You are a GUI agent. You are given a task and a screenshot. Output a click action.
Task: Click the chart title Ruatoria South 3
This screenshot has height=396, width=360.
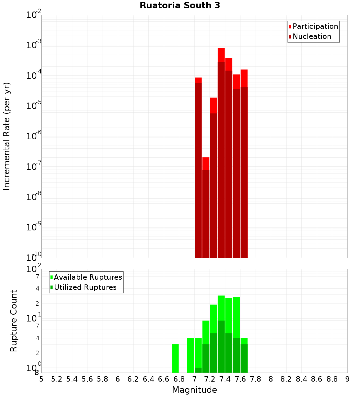click(180, 5)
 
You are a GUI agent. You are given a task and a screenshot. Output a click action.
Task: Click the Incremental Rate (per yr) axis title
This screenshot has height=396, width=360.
click(7, 136)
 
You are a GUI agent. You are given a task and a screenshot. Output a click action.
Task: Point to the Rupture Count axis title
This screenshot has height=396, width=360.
click(14, 321)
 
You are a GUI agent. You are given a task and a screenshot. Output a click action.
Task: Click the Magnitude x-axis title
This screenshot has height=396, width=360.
click(194, 390)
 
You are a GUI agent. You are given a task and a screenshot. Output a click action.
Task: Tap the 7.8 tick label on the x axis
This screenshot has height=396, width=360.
click(256, 379)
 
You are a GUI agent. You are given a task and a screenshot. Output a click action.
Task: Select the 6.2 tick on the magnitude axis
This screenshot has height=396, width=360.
click(133, 379)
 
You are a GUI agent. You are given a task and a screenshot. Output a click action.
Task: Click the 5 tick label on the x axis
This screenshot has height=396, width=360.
click(41, 379)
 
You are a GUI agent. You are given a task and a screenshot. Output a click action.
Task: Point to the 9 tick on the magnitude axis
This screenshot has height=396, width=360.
click(347, 379)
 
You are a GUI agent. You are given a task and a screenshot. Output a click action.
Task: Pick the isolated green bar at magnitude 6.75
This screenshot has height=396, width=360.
click(175, 359)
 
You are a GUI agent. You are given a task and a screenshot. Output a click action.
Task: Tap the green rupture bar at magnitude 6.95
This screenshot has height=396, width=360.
click(190, 355)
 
